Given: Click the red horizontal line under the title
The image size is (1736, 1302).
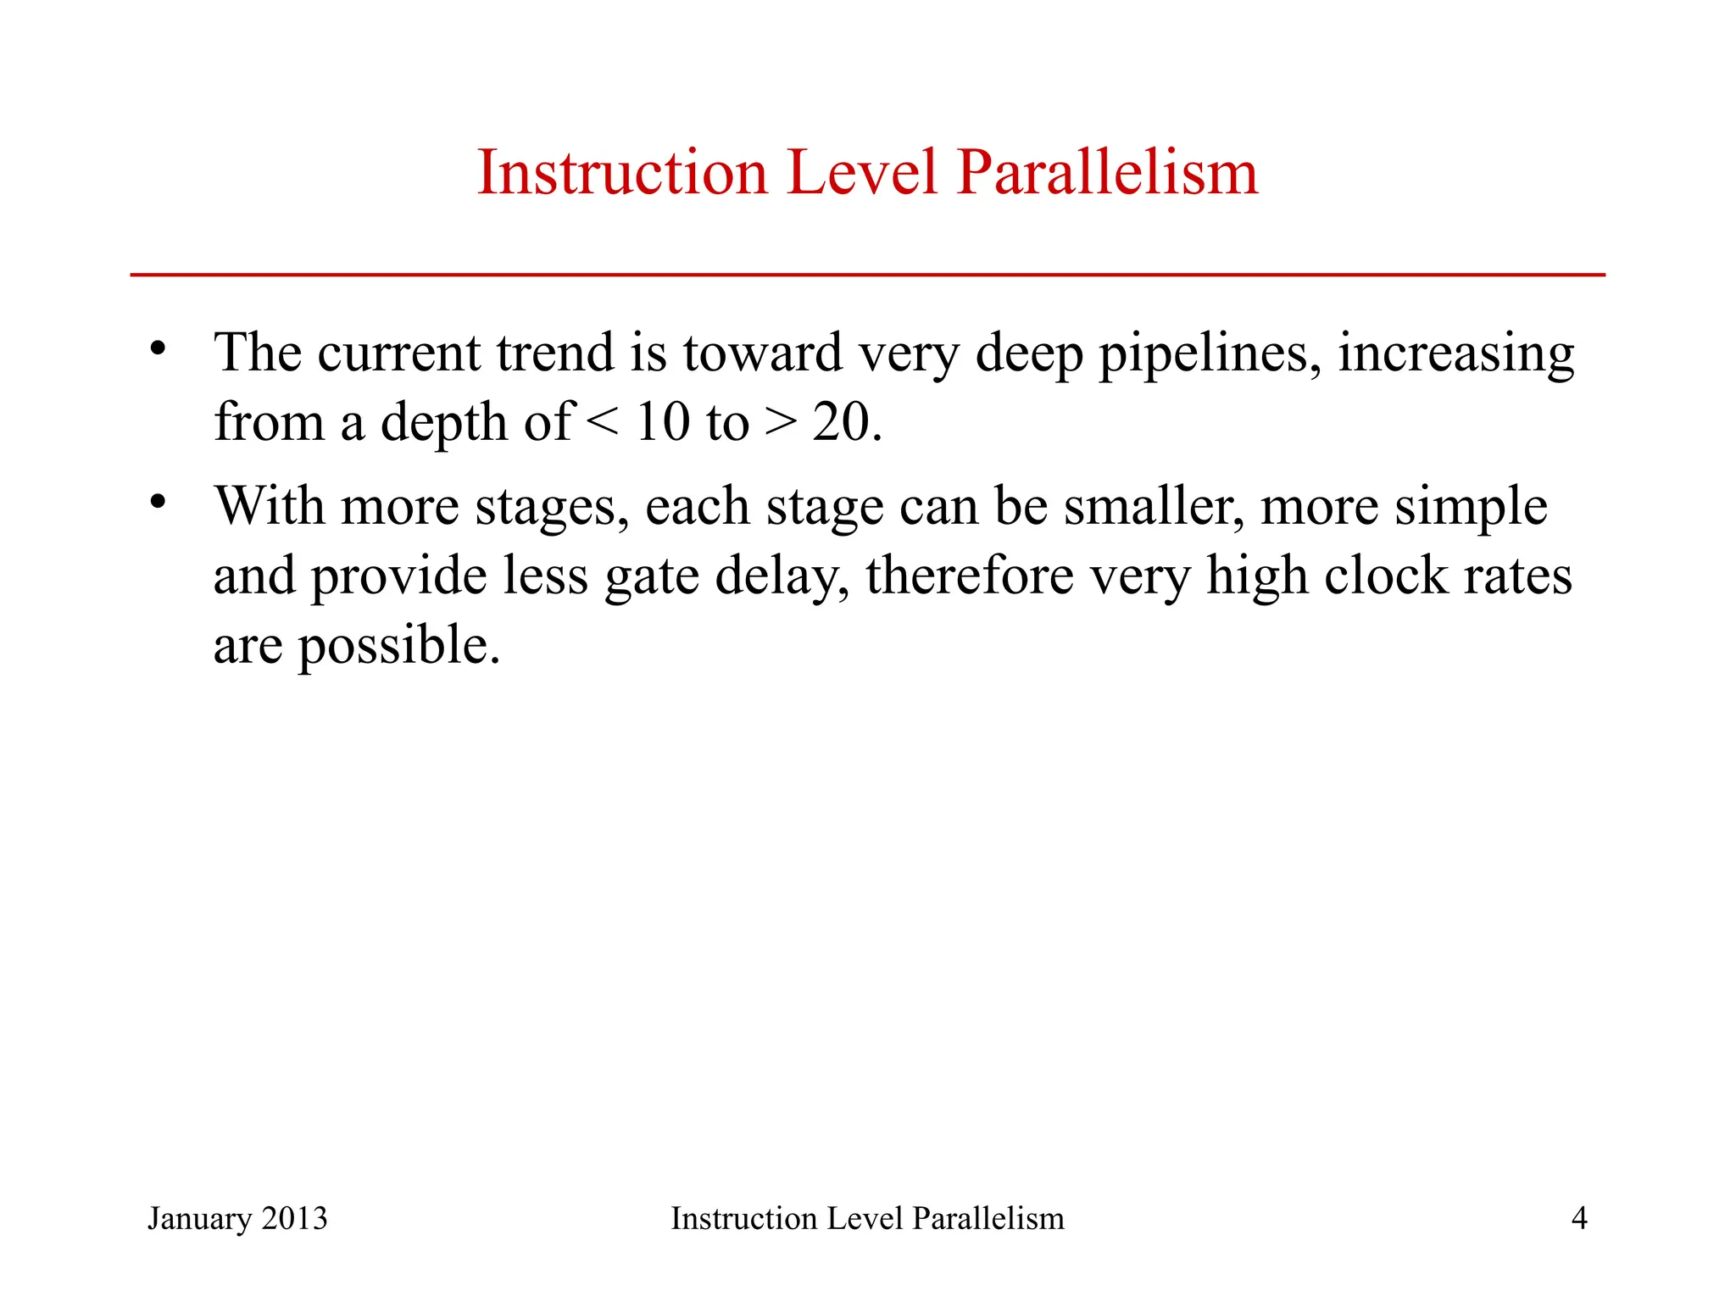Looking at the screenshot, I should [x=867, y=275].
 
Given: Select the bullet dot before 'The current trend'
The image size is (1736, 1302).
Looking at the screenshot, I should [x=158, y=348].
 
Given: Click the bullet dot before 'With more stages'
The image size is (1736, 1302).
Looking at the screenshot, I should [x=158, y=502].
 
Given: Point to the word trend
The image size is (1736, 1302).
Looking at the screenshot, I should [x=555, y=353].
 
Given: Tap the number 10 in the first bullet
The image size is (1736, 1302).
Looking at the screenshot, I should [x=662, y=422].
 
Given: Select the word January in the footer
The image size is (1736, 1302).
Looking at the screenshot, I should [x=199, y=1219].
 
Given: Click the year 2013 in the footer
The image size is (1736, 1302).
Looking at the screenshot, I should [x=294, y=1218].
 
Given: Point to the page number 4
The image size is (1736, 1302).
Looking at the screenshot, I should [x=1578, y=1218].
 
